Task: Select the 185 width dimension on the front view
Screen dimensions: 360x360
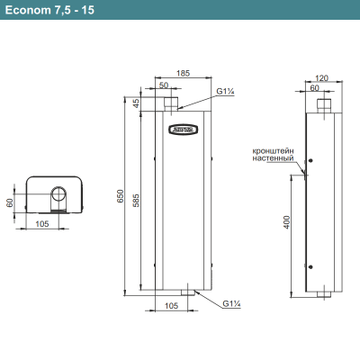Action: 183,72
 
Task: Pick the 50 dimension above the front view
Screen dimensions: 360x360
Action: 164,85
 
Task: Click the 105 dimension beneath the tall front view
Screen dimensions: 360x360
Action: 171,306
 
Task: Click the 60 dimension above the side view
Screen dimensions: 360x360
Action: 316,88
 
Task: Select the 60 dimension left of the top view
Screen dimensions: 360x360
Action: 11,202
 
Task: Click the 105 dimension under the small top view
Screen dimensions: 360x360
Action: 41,222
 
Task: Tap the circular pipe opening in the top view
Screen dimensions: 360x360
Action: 59,194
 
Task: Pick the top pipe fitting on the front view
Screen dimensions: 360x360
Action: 172,105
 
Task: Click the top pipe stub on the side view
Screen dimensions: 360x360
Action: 324,105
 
